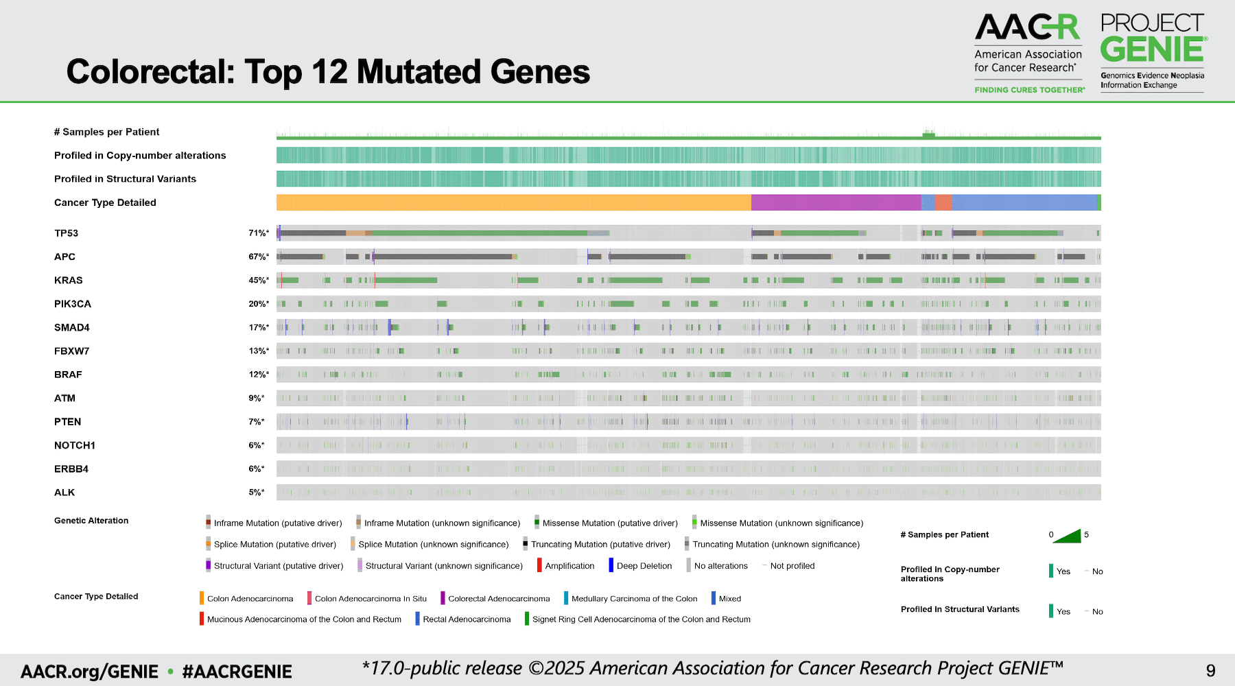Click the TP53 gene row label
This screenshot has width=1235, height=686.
[67, 233]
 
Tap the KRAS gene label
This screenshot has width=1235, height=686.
[69, 281]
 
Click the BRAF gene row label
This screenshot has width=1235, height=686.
[68, 375]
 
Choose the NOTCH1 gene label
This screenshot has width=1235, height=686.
[75, 445]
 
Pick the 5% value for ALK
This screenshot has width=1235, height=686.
[256, 493]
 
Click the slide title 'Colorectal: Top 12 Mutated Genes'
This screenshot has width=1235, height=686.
[328, 72]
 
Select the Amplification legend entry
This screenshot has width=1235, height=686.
[569, 566]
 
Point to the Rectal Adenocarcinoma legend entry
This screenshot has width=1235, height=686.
[466, 619]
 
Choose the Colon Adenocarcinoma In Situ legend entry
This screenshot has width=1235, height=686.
[370, 599]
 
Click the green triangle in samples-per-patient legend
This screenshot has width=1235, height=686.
[1068, 536]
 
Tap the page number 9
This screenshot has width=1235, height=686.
[1210, 670]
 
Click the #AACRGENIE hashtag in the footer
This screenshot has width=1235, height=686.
[237, 672]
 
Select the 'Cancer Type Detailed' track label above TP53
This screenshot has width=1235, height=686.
[105, 202]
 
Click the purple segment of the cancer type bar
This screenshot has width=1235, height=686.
[836, 202]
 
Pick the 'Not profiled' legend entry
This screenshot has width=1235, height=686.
[792, 566]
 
